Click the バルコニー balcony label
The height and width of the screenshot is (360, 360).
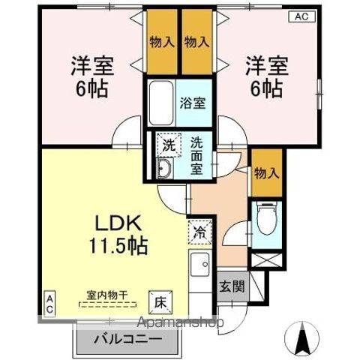tap(127, 339)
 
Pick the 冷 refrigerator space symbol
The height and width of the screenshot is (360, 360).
tap(199, 231)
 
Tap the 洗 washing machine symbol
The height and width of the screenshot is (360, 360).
tap(168, 145)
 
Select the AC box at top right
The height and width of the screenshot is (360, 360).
tap(300, 15)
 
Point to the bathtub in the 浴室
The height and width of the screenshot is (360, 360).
tap(159, 103)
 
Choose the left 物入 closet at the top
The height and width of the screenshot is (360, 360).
tap(161, 41)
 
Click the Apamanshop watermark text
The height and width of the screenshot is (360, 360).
tap(180, 323)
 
